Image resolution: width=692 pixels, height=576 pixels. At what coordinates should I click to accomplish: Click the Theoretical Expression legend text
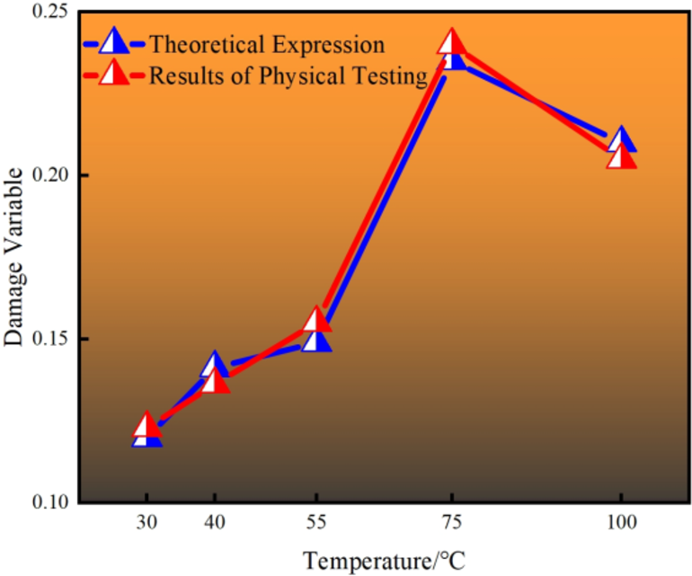[267, 44]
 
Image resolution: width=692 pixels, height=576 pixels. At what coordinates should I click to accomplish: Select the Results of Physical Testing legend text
[287, 75]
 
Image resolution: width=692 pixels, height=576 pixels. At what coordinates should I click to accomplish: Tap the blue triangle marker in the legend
[115, 42]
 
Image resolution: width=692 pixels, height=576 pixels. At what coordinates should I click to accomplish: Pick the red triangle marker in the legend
[115, 74]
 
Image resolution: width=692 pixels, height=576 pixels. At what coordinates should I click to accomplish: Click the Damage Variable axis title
[15, 258]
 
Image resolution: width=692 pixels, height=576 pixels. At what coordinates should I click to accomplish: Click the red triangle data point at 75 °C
[451, 42]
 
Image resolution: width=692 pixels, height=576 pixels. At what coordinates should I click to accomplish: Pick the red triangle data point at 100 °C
[621, 157]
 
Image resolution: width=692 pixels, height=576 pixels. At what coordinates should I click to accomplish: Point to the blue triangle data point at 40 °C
[215, 363]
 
